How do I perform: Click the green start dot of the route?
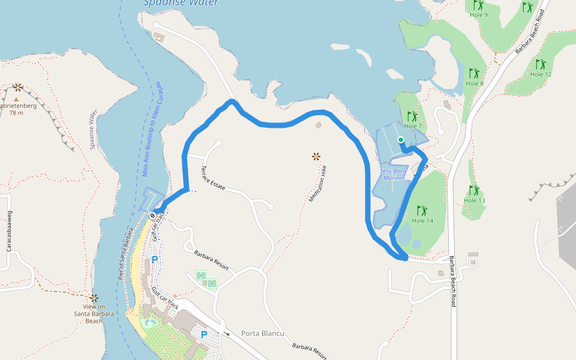(400, 140)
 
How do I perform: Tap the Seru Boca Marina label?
(394, 174)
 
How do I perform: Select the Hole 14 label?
(422, 221)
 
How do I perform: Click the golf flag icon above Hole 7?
(412, 116)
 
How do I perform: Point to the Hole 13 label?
(474, 200)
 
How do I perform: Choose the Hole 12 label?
(541, 74)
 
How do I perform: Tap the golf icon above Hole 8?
(474, 73)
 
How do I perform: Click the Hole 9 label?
(478, 15)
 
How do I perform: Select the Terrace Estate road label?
(213, 178)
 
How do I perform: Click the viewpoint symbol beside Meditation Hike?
(316, 157)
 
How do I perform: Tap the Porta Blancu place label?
(262, 334)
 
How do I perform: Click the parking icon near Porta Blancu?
(203, 334)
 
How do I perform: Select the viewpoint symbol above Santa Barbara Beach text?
(94, 298)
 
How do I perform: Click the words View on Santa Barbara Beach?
(94, 313)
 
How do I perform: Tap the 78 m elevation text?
(16, 113)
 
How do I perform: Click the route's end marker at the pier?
(153, 215)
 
